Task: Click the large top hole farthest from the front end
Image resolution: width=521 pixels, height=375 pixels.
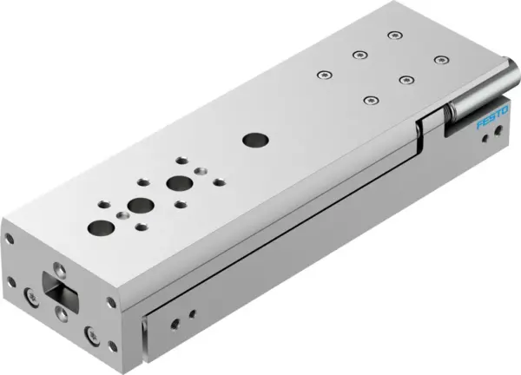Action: [x=180, y=183]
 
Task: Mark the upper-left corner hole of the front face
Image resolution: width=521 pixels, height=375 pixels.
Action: [x=10, y=236]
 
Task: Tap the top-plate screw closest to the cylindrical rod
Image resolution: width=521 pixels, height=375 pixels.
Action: [x=440, y=61]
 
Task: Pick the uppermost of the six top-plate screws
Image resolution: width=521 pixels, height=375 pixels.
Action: [x=394, y=36]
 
